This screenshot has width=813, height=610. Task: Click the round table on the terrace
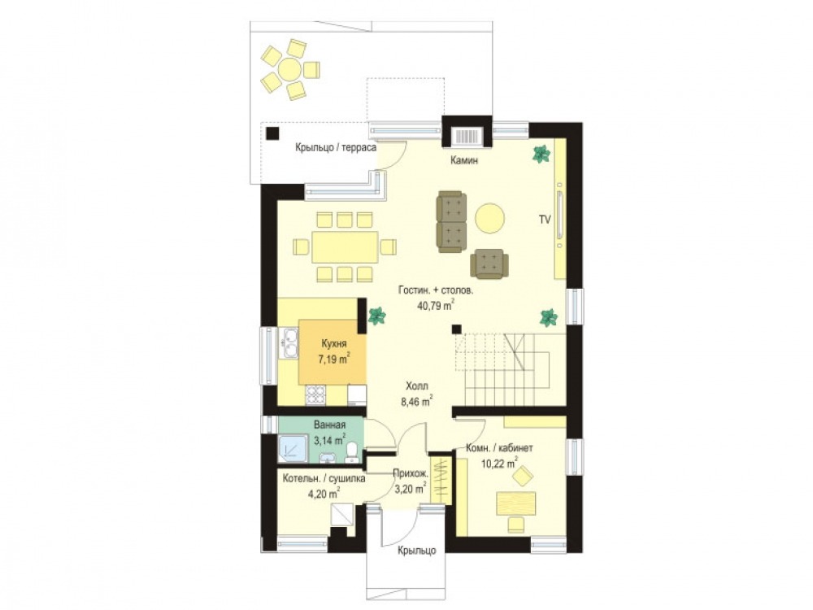tap(289, 68)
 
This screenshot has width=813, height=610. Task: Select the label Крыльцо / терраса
tap(336, 148)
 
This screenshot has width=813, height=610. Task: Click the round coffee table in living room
tap(489, 218)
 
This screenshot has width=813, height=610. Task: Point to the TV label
tap(545, 220)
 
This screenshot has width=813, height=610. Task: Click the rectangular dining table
tap(345, 247)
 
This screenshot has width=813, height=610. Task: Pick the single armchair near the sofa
tap(489, 264)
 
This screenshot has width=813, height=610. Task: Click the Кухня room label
tap(333, 344)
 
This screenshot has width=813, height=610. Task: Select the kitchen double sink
tap(288, 343)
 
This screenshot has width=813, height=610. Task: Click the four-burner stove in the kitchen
tap(315, 395)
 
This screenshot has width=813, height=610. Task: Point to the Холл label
tap(417, 386)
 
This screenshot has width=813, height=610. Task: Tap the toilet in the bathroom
tap(352, 452)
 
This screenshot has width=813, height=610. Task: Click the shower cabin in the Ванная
tap(293, 449)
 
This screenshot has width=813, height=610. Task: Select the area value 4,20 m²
tap(324, 494)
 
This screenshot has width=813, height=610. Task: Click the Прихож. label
tap(410, 473)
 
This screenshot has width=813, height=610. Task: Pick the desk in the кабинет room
tap(516, 503)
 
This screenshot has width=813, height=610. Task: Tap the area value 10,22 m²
tap(499, 463)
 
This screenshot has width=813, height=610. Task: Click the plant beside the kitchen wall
tap(376, 316)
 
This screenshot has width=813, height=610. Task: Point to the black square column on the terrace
tap(272, 133)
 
